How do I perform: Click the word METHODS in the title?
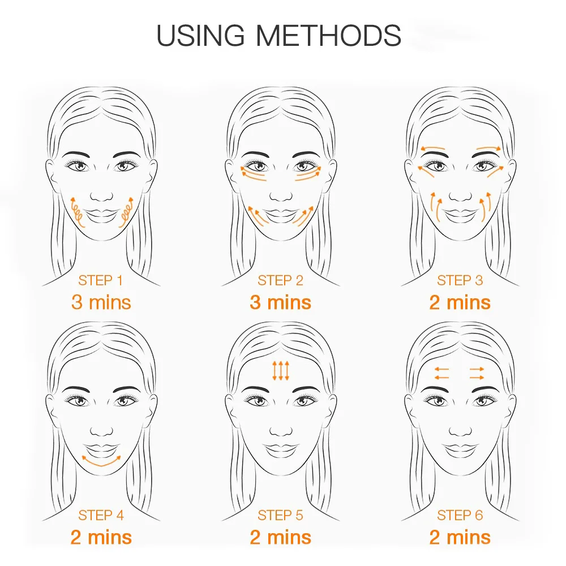(x=328, y=35)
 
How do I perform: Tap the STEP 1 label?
(x=101, y=280)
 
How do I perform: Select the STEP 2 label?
(x=280, y=280)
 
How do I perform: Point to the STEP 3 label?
(x=460, y=280)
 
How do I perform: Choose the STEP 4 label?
(x=101, y=515)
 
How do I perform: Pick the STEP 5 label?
(x=280, y=515)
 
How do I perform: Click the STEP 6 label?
(x=460, y=515)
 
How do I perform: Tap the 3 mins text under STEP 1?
(x=101, y=302)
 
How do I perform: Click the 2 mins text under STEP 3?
(x=460, y=302)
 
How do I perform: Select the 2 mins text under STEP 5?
(x=280, y=537)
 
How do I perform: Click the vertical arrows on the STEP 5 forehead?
(x=281, y=370)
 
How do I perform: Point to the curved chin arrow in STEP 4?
(x=101, y=460)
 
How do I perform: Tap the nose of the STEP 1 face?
(x=101, y=194)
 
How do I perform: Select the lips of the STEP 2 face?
(x=281, y=215)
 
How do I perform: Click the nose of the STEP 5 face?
(x=281, y=428)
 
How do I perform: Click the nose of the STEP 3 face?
(x=460, y=194)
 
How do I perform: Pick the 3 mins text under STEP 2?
(x=280, y=302)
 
